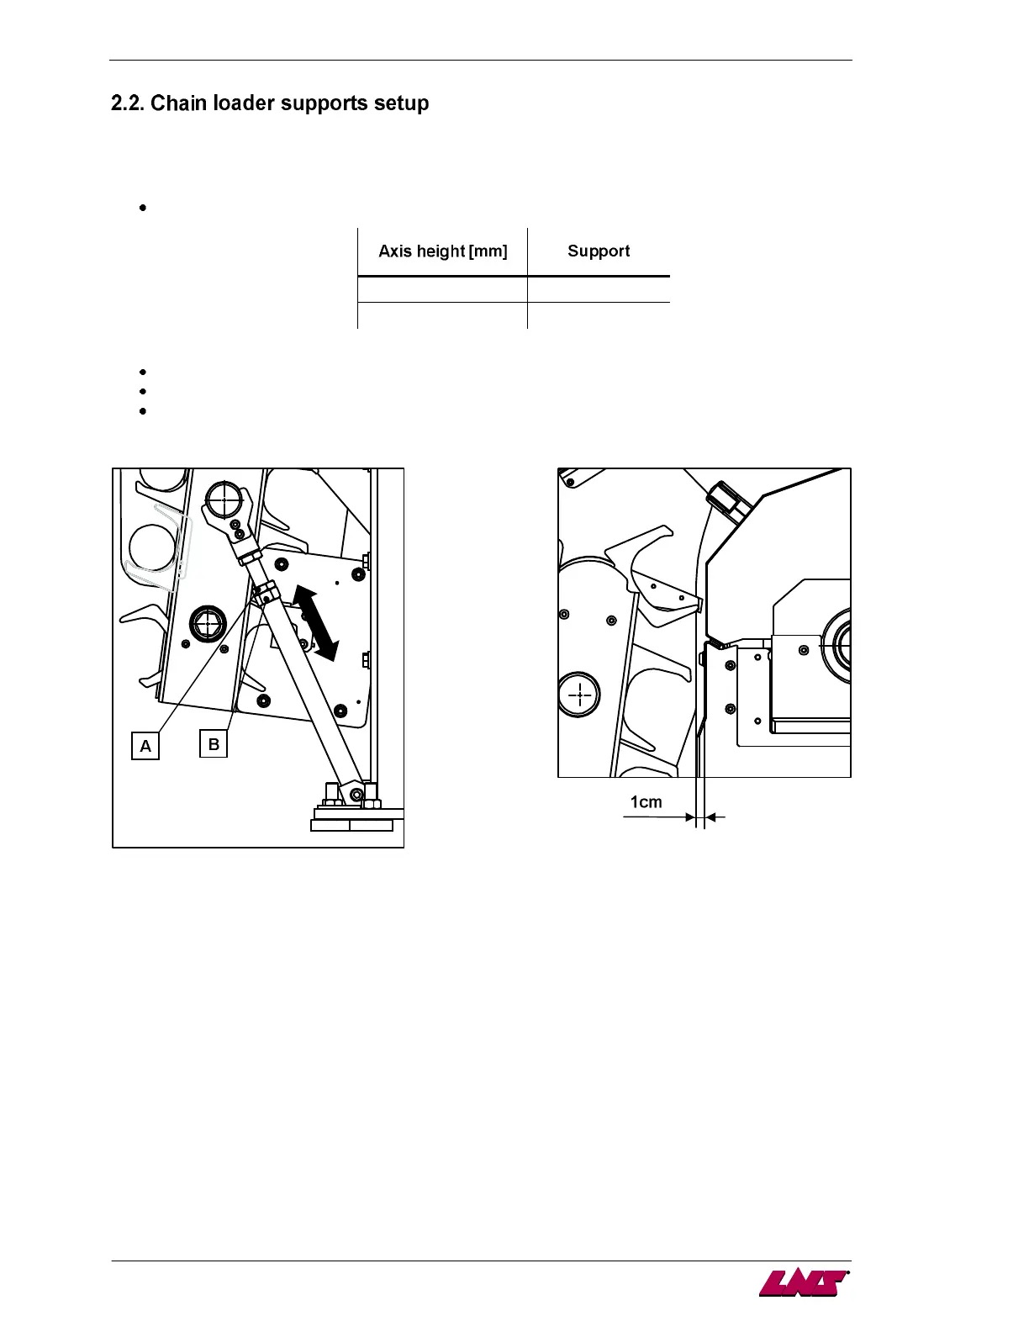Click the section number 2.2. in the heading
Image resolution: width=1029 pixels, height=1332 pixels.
(x=128, y=103)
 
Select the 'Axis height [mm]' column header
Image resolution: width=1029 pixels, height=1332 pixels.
(x=443, y=251)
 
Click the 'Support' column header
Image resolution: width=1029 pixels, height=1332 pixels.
(x=599, y=251)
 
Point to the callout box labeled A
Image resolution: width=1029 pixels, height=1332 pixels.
(x=145, y=746)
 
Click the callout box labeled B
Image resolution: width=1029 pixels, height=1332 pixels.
(x=214, y=743)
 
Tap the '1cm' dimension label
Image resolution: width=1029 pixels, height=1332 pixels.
(x=646, y=802)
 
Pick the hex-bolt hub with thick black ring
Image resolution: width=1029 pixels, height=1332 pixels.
(x=208, y=624)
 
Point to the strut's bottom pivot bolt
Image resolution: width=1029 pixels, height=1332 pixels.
(x=356, y=794)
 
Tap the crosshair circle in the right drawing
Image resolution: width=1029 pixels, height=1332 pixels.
(x=580, y=696)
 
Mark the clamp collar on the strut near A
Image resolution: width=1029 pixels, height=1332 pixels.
(x=263, y=593)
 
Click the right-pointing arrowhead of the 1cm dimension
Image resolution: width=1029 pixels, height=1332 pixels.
(x=691, y=817)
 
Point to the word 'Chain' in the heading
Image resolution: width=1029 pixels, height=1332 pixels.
(x=179, y=103)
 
